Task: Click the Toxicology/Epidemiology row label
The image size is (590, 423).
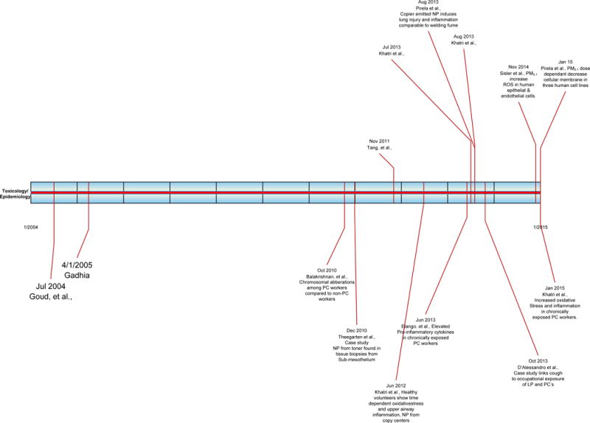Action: [x=15, y=194]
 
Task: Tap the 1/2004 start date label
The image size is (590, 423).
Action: [x=31, y=227]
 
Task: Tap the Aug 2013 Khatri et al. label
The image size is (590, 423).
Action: [x=462, y=40]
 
